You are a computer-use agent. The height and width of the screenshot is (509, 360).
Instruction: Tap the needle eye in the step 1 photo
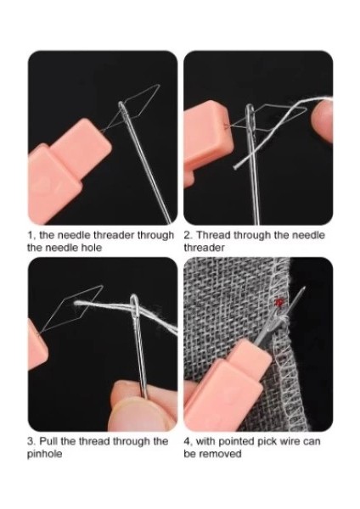(x=124, y=111)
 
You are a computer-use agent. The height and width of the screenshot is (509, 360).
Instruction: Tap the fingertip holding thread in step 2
(x=322, y=125)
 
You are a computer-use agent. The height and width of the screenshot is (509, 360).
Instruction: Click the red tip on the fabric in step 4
(x=278, y=301)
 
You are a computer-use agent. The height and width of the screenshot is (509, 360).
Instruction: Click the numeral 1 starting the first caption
(x=30, y=235)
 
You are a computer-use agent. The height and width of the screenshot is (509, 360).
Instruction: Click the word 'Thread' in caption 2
(x=212, y=235)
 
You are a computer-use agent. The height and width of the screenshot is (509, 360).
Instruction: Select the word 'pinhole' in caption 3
(x=46, y=454)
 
